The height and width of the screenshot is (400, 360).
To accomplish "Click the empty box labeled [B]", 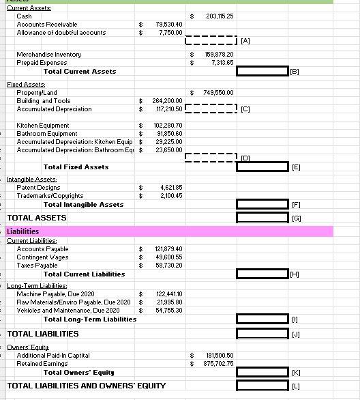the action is coord(262,71).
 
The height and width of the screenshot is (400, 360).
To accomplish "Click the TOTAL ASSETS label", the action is coord(37,218).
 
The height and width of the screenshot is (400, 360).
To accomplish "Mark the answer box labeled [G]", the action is coord(262,218).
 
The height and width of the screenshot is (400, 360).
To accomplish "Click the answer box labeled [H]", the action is coord(262,274).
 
